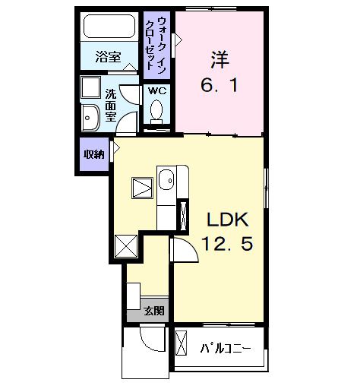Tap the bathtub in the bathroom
click(109, 29)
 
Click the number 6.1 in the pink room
click(219, 85)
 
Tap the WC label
click(156, 90)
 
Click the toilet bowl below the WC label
click(157, 112)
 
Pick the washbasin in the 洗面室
click(90, 117)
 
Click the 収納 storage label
click(93, 154)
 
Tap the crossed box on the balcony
click(182, 343)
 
